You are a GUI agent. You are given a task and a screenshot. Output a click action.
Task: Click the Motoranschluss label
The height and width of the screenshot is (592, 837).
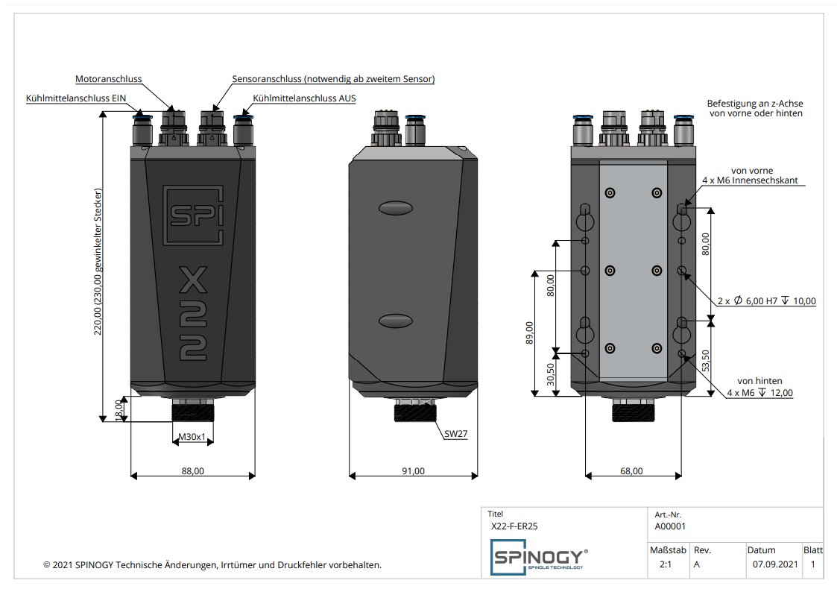pos(108,79)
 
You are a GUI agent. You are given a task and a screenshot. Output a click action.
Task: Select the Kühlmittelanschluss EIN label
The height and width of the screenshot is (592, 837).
pos(76,98)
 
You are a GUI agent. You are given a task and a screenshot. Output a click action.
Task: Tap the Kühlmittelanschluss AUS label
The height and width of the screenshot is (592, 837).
pos(304,98)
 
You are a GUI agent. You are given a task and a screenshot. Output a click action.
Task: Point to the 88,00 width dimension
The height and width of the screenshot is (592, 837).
pos(192,471)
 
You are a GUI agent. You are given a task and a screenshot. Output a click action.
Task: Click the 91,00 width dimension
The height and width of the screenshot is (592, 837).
pos(413,471)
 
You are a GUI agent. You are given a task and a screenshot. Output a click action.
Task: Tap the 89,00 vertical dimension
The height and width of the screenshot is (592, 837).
pos(530,333)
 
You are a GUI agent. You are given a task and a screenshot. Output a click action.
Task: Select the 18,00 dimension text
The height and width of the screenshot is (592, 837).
pos(119,409)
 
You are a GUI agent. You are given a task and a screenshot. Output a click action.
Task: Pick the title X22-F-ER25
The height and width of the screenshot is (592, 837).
pos(514,526)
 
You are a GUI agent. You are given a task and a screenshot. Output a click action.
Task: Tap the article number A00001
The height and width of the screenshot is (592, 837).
pos(670,526)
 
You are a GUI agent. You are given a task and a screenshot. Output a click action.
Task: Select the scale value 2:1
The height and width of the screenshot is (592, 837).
pos(666,564)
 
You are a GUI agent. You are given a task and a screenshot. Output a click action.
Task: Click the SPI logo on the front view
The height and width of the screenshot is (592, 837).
pos(193,214)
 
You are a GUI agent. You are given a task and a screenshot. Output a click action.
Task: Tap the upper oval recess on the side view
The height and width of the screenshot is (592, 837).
pos(395,207)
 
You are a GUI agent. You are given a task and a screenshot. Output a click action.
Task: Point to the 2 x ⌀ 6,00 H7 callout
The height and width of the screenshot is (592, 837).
pos(767,301)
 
